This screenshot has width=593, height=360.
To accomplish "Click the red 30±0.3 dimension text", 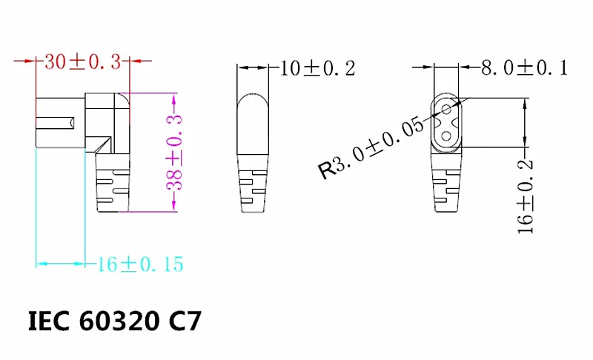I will click(82, 63).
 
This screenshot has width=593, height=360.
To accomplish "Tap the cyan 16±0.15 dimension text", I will click(139, 264).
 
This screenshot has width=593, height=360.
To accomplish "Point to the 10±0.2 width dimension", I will click(318, 69).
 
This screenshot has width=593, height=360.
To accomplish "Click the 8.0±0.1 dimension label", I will click(524, 69).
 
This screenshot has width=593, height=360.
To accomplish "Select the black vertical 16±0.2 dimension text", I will click(526, 196).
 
